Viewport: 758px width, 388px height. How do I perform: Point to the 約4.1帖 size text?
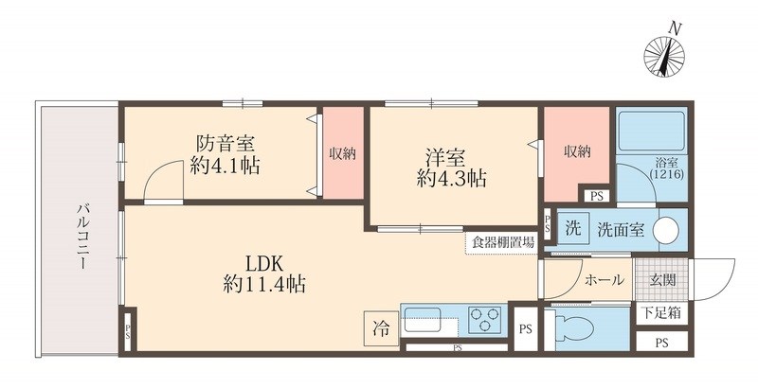(x=226, y=167)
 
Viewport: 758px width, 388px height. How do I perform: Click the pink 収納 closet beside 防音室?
(x=342, y=153)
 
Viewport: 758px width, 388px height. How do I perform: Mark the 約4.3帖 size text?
(x=452, y=177)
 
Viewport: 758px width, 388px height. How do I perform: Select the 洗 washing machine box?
(x=572, y=229)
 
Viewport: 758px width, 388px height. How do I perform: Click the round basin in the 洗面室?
(x=667, y=230)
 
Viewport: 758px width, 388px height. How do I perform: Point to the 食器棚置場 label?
(x=503, y=243)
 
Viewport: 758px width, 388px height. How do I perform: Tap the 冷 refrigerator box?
(x=379, y=329)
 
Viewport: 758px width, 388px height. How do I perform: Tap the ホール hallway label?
(x=604, y=280)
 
